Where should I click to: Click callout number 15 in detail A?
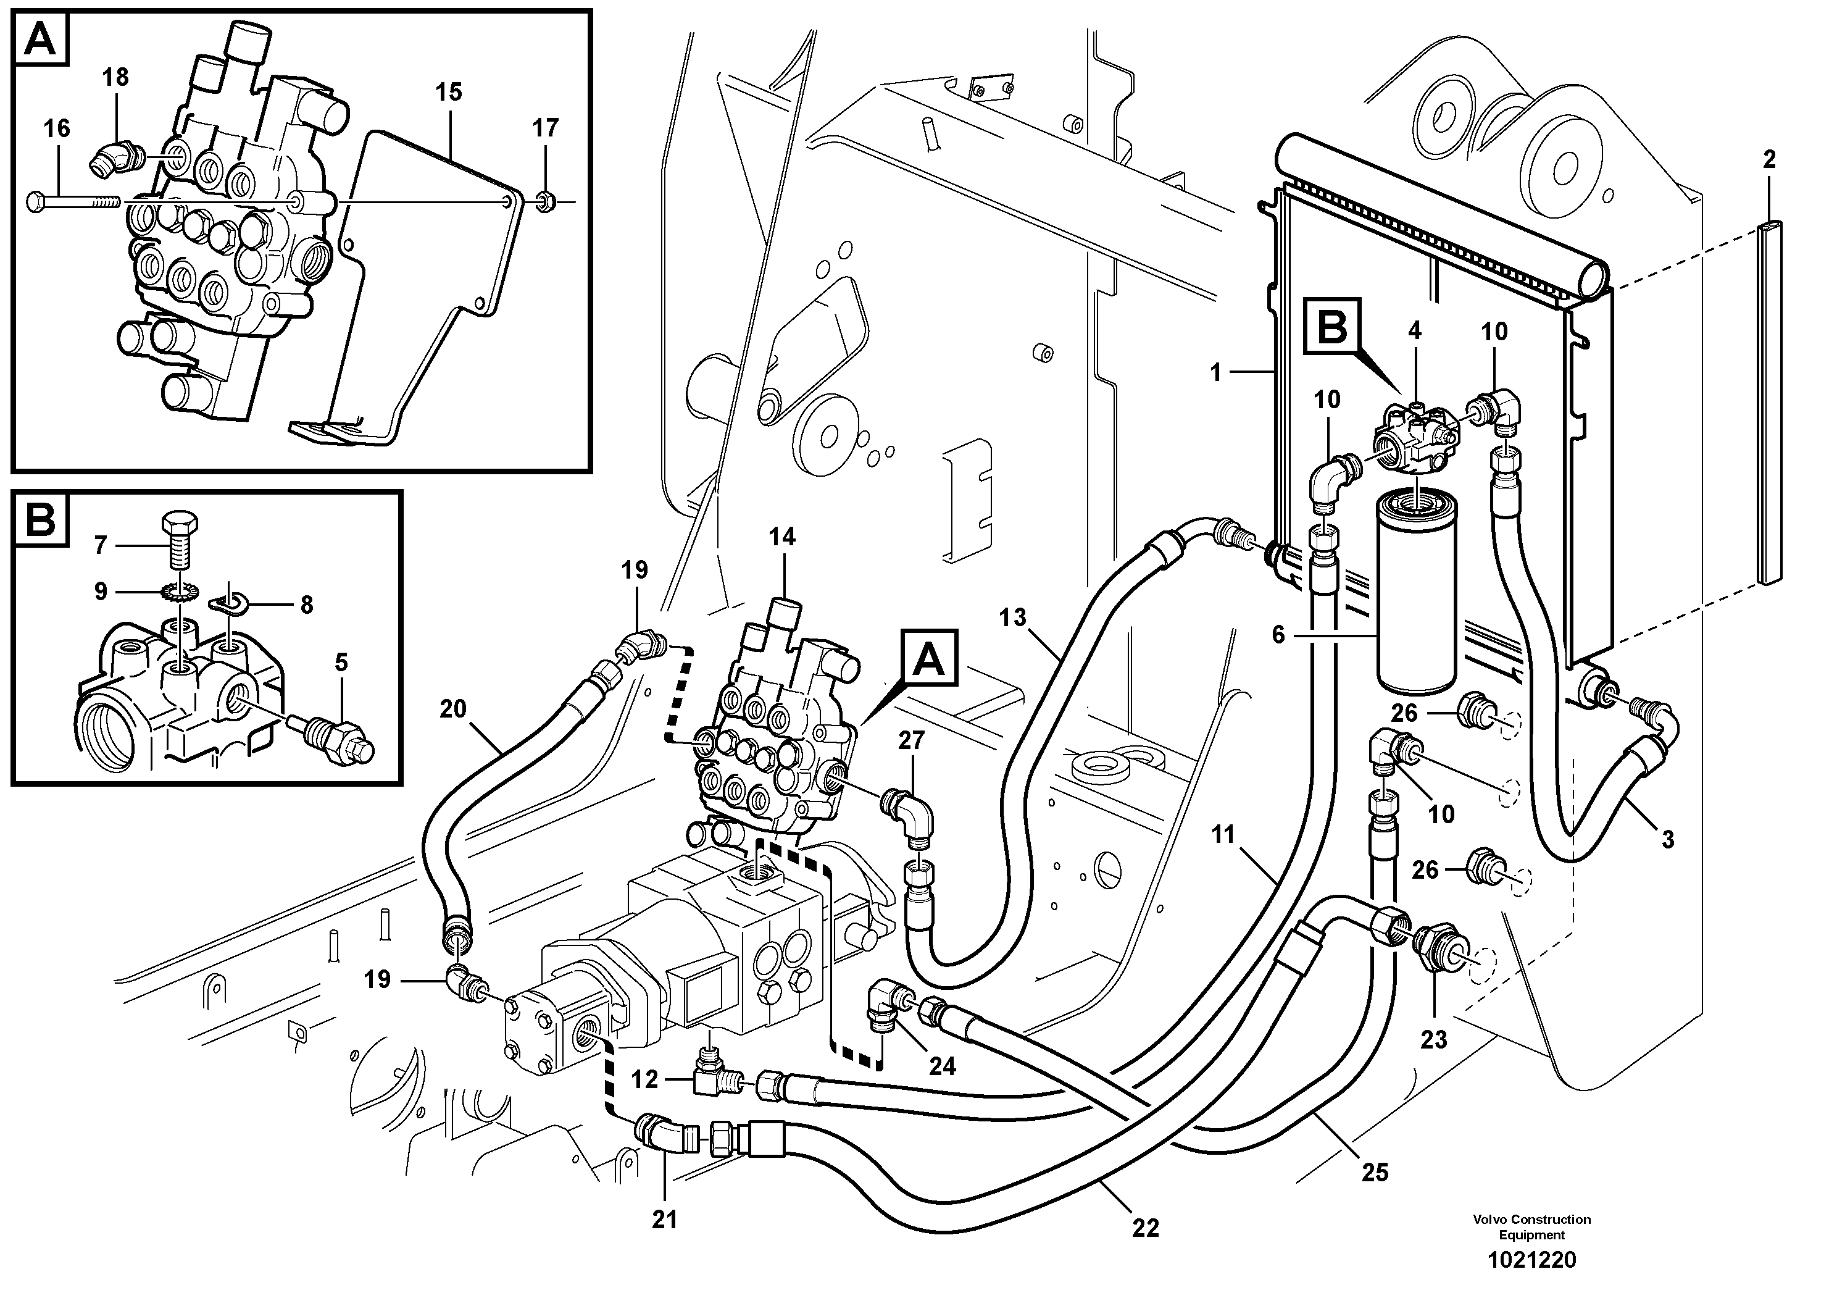pyautogui.click(x=448, y=92)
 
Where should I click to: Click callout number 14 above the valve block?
pyautogui.click(x=781, y=537)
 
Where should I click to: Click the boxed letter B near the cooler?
pyautogui.click(x=1331, y=327)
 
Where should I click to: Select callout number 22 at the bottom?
pyautogui.click(x=1145, y=1228)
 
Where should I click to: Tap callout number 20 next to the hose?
pyautogui.click(x=453, y=709)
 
